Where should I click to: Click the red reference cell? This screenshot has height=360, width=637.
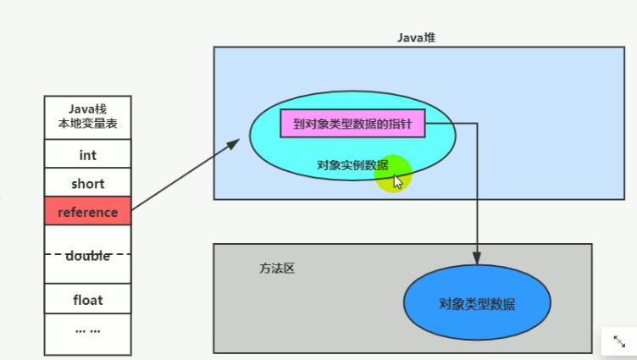click(88, 211)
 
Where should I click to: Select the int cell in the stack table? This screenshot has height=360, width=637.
click(88, 154)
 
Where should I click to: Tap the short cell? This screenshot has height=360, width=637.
click(88, 183)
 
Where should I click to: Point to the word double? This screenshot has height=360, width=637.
click(88, 256)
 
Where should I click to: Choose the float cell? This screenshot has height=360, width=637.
click(88, 299)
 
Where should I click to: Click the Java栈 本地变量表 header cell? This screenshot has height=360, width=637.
click(88, 118)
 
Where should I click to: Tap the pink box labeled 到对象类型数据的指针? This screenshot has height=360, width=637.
click(352, 124)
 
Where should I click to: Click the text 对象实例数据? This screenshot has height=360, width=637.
click(352, 165)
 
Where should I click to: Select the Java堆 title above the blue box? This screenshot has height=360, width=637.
click(417, 38)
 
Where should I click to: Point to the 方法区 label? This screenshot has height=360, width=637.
click(277, 269)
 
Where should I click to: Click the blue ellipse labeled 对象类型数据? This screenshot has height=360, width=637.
click(477, 302)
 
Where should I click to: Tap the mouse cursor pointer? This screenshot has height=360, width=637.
click(398, 182)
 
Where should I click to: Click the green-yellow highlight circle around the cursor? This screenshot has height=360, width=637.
click(393, 174)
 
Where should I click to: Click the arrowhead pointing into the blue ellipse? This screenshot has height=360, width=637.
click(477, 258)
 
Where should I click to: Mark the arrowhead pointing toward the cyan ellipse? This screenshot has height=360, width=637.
click(233, 143)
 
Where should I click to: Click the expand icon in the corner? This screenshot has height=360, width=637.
click(619, 341)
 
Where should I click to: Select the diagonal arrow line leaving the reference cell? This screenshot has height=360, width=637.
click(186, 174)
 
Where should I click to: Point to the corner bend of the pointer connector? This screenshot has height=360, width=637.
click(477, 123)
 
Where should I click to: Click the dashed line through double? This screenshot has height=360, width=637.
click(88, 254)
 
